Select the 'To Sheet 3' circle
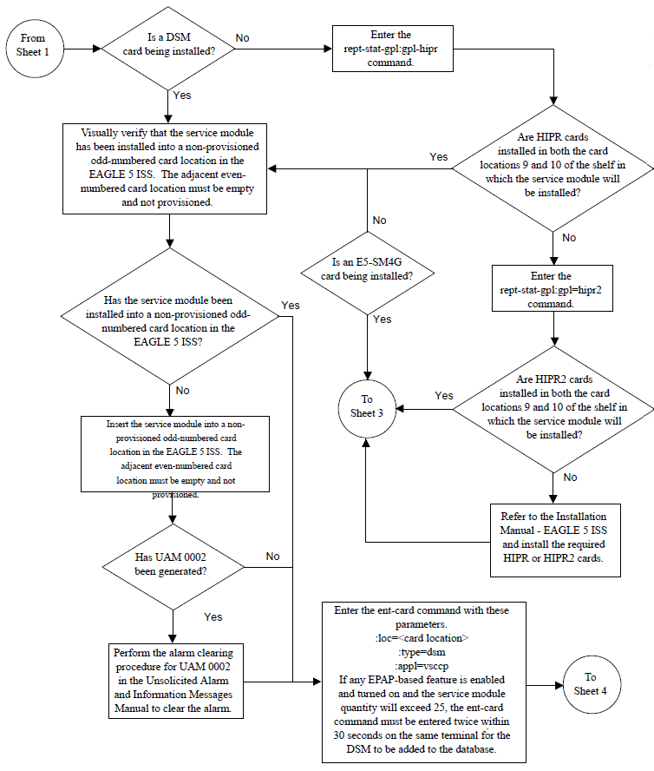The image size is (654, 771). coord(362,407)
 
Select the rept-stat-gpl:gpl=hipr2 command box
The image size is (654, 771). coord(552,289)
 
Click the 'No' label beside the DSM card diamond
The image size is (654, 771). coord(243,39)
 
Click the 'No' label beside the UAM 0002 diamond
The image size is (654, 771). coord(272,556)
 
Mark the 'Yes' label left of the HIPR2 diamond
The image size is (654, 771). coord(443,395)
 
